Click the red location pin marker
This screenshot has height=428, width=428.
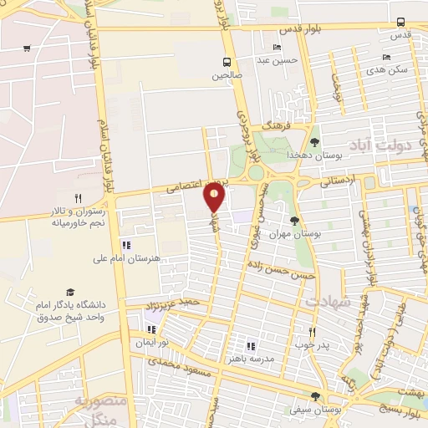coord(215,197)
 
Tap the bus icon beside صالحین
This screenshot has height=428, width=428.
coord(227,62)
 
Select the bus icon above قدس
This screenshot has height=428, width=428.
coord(401,23)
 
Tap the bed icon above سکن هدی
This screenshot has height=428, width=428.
coord(385,57)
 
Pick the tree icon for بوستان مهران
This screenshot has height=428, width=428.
coord(293,220)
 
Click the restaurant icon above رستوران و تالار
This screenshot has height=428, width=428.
coord(78,199)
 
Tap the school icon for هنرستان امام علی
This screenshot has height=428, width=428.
coord(126,246)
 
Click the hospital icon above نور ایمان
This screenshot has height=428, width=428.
coord(150,328)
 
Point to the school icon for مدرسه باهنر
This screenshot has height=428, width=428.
coord(250,345)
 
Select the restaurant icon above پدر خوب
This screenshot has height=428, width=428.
coord(312,331)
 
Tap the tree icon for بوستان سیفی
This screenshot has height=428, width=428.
coord(315,397)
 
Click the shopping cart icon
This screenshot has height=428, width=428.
coord(28,48)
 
